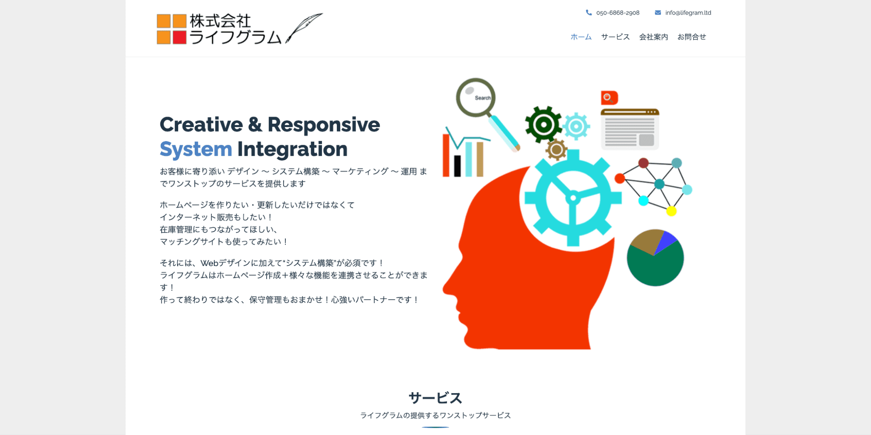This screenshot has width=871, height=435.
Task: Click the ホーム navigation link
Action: pos(581,37)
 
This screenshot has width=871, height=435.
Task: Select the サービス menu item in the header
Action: pos(615,37)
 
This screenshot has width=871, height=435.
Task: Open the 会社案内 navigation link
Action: pos(653,37)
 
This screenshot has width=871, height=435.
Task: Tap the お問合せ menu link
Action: pos(691,37)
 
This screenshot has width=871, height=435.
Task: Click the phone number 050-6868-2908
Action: pos(617,13)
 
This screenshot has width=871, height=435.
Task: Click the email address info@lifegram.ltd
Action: pos(688,13)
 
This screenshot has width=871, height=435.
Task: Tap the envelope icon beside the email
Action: pos(657,13)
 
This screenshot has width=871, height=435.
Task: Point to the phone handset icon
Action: pos(589,13)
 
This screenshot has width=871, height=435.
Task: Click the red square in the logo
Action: pos(180,37)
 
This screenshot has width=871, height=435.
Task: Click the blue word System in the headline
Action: pos(196,149)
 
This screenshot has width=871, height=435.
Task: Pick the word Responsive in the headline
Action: pos(323,125)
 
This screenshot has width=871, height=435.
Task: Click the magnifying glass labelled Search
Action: pos(476,98)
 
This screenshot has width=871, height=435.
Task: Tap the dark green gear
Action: pos(543,125)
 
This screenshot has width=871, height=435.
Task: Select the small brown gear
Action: pos(556,150)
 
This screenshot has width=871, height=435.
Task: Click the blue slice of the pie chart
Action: pos(665,242)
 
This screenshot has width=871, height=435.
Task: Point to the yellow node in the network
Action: pos(671,212)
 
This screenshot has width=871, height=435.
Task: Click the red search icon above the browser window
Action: pos(609,98)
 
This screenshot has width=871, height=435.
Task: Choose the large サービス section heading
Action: pos(435,398)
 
